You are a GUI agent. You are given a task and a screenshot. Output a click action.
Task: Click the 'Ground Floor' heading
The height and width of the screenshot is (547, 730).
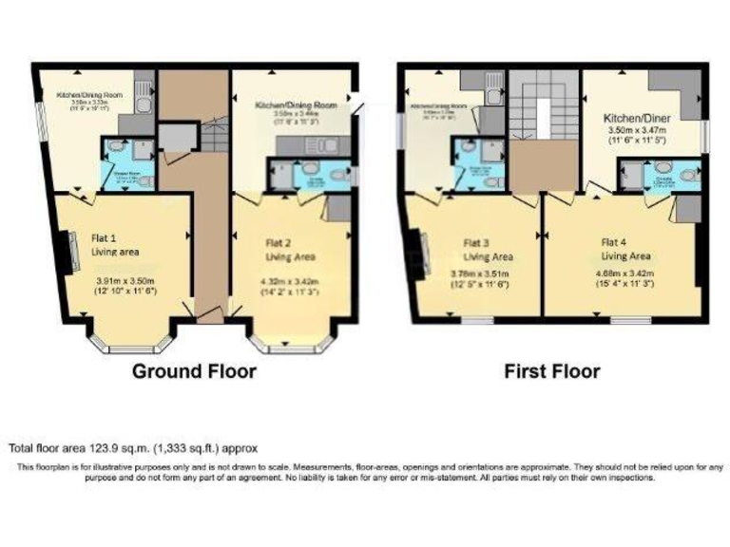pos(194,370)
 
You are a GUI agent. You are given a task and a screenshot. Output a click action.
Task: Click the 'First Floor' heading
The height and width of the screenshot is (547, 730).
pos(552,370)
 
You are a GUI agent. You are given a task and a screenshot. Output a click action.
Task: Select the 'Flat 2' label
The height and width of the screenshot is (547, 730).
pos(279,243)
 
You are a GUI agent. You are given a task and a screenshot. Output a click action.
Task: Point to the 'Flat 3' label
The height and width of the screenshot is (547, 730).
pos(477,241)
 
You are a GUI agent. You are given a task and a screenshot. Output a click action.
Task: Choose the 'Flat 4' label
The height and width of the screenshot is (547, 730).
pos(614,241)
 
